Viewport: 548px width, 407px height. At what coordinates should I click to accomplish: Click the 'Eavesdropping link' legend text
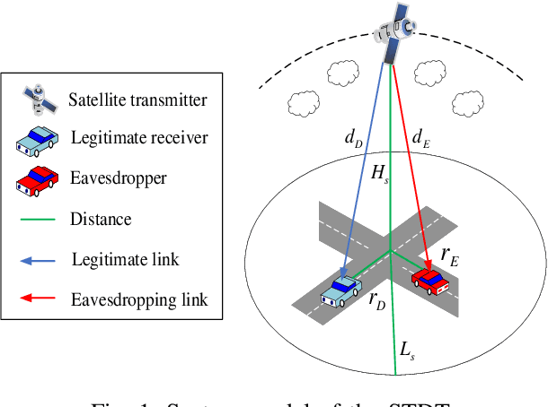click(x=139, y=299)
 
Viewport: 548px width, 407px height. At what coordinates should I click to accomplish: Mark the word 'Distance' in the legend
click(x=102, y=219)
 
